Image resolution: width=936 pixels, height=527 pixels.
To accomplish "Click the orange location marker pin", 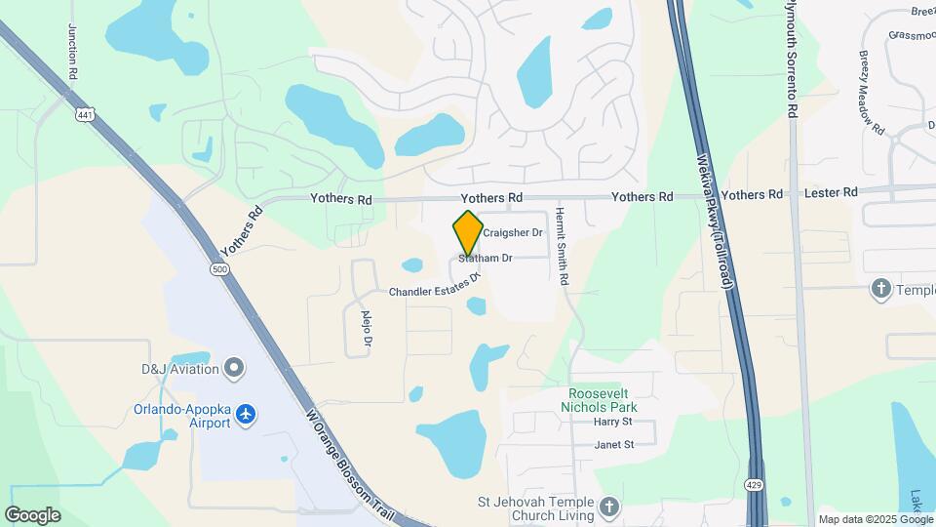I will pos(469,232).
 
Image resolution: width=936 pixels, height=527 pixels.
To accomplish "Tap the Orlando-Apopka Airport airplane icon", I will pos(246,415).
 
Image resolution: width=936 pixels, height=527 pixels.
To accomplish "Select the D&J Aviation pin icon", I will pos(233,368).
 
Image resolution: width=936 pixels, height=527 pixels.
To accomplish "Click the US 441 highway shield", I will pos(86,115).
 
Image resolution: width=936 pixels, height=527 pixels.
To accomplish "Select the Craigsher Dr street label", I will pos(513,233).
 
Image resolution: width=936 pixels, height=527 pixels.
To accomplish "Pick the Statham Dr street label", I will pos(487,259).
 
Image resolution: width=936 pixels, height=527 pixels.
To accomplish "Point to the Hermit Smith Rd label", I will pos(564,246).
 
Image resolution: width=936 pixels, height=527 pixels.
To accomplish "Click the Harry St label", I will pos(613,423).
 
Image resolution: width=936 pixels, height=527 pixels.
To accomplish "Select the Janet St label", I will pos(614,445).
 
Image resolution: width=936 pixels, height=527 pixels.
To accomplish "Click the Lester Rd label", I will pos(830,193).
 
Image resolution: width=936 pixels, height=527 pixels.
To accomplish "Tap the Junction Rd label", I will pos(73,45).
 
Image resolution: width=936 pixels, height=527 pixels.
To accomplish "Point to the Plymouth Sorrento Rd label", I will pos(793,59).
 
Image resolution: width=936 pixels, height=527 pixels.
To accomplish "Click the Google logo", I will pos(32,515).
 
